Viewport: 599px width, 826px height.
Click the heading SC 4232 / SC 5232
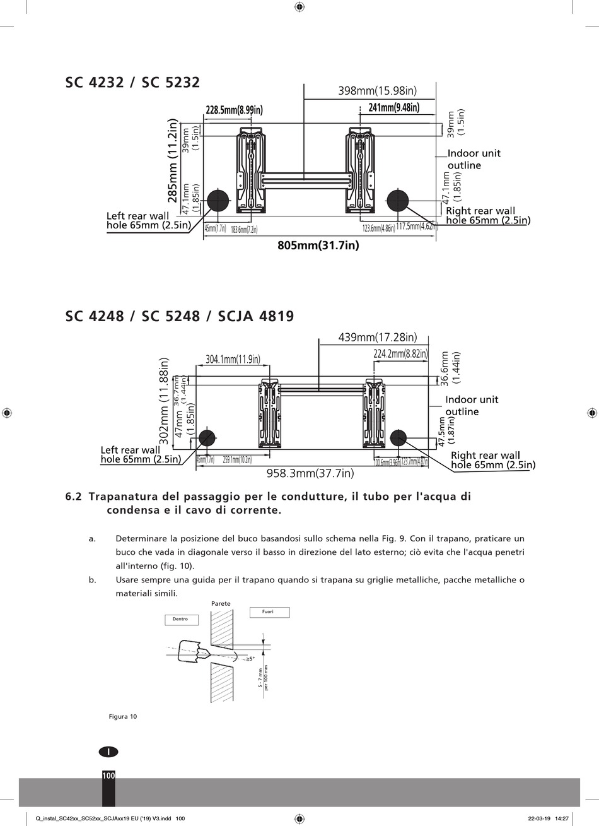coord(132,83)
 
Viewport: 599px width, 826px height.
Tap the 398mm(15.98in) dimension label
coord(377,91)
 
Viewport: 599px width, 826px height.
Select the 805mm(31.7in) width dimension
coord(318,245)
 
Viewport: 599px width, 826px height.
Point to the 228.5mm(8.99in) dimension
coord(234,110)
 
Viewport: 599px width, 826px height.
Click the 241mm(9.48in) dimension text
coord(394,108)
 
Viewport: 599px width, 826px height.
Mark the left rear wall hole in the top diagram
coord(218,200)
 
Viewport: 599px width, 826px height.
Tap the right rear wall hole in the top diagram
coord(398,200)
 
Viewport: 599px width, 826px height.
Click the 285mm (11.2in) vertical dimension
coord(172,162)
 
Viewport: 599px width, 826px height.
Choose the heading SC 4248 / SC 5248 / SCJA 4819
coord(180,316)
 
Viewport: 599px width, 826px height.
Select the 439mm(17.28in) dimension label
coord(377,338)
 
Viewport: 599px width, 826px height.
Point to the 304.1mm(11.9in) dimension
coord(233,359)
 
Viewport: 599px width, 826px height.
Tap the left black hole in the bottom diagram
coord(207,437)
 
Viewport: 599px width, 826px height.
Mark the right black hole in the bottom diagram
coord(398,437)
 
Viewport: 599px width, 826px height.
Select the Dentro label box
coord(180,620)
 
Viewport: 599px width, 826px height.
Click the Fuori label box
coord(269,612)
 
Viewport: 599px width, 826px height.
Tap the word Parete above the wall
coord(221,604)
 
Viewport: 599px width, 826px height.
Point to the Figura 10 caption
coord(123,716)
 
